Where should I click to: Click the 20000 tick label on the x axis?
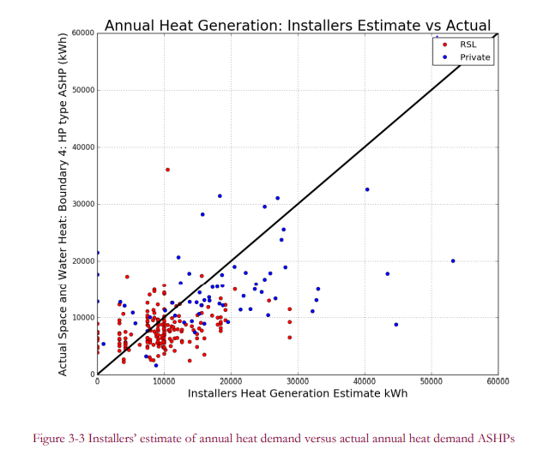click(231, 381)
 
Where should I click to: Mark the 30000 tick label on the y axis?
click(83, 204)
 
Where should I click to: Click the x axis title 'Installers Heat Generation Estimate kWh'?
click(298, 393)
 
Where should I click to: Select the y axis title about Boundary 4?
click(63, 204)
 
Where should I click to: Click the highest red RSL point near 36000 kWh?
click(167, 170)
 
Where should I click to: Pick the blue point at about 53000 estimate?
click(453, 261)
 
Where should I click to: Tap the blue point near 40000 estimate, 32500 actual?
click(367, 189)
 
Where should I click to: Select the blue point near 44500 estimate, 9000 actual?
click(396, 325)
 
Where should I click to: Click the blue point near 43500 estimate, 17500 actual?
click(388, 274)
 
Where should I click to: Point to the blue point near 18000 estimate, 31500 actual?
click(220, 196)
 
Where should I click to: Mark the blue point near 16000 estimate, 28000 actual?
click(202, 214)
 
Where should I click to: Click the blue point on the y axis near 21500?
click(98, 253)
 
